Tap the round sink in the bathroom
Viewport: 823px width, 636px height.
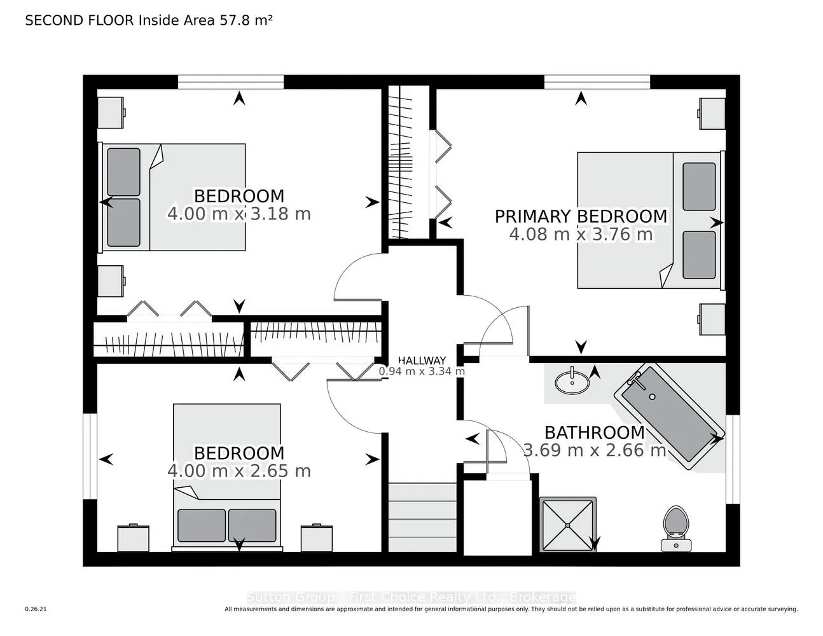[572, 382]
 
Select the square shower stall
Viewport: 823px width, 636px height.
[568, 525]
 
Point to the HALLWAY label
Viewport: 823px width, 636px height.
[422, 361]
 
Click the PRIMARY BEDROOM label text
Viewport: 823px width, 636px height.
[581, 216]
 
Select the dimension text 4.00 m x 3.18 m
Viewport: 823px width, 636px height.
[239, 214]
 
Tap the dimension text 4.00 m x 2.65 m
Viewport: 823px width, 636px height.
[239, 471]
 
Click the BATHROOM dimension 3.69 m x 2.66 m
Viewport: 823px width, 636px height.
[594, 451]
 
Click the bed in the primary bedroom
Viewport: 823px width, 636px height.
[649, 219]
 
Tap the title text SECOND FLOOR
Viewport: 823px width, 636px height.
[80, 20]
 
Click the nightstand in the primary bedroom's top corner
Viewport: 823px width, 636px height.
[712, 114]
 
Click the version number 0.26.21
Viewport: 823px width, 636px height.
[36, 609]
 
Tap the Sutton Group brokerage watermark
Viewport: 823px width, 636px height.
[411, 597]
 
